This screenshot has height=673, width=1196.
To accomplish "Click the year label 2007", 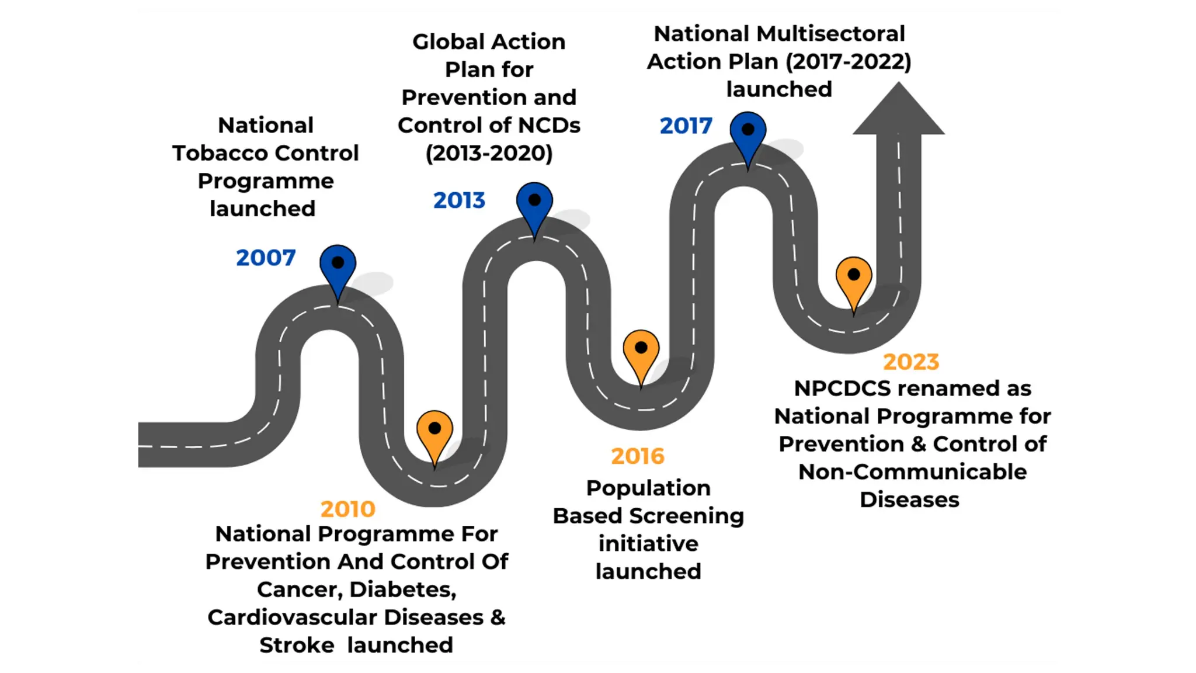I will coord(266,258).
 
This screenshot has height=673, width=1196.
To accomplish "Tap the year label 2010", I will coord(347,509).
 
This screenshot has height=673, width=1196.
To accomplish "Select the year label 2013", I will coord(459,200).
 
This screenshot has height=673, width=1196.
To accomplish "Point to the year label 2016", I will coord(638,456).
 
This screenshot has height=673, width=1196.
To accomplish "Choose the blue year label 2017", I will coord(686,126).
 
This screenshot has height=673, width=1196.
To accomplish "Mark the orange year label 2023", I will coord(911,362).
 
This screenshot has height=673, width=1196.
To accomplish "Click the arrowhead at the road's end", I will coord(898,111).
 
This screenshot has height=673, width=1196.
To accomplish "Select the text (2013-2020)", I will coord(489,153).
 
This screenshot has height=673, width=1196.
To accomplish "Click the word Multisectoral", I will coord(831,34).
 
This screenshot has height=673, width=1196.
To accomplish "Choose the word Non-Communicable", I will coord(912,472).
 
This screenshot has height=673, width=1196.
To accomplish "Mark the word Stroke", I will coord(297,646).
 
